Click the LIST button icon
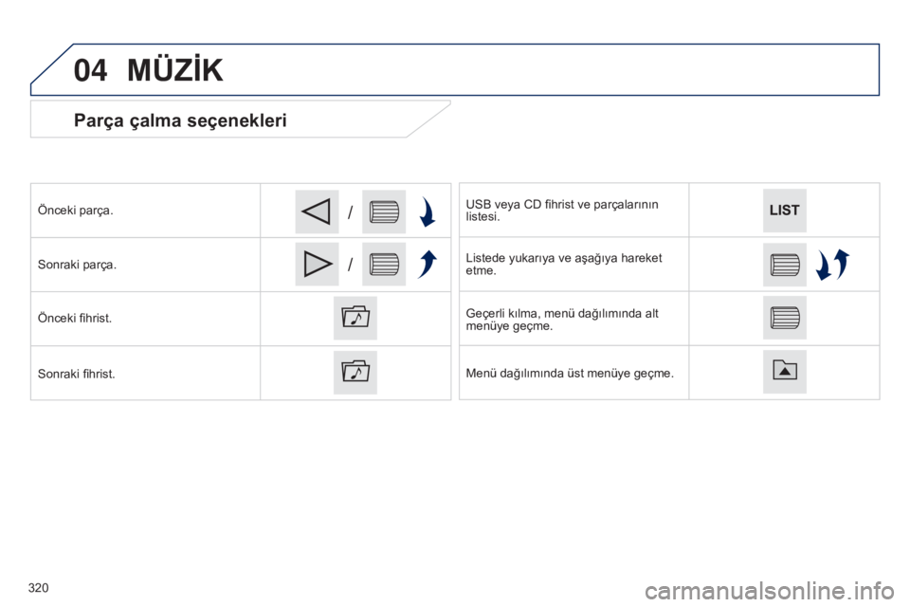[784, 211]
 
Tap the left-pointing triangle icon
[317, 212]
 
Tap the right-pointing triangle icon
[317, 265]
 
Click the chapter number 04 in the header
[91, 70]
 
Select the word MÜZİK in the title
[175, 70]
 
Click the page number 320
[38, 588]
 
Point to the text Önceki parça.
[76, 211]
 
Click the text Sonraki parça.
[77, 265]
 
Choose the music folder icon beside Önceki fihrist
[355, 319]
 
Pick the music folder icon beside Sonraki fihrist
[355, 373]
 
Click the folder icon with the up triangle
[785, 372]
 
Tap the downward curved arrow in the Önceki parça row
[428, 212]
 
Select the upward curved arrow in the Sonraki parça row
[428, 265]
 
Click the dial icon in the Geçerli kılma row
[785, 318]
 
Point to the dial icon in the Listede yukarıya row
[785, 265]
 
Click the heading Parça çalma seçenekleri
[180, 120]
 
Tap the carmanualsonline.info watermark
[770, 591]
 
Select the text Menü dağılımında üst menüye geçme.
[570, 373]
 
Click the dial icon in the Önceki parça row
[384, 212]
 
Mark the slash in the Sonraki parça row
[350, 265]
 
